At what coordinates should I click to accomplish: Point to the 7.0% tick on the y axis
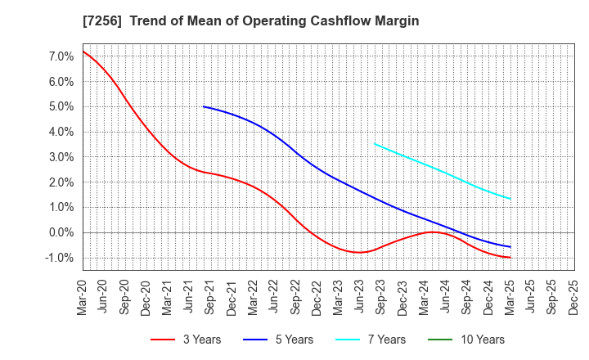pos(62,56)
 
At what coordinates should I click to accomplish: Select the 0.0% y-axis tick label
pos(62,232)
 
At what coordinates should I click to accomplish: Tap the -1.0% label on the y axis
pos(61,258)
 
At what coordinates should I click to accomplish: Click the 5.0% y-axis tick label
pos(62,106)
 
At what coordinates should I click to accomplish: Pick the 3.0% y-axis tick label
pos(62,157)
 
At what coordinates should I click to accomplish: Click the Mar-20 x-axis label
pos(83,297)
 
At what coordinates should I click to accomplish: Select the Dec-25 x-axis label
pos(573,297)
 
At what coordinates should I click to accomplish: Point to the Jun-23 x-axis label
pos(361,297)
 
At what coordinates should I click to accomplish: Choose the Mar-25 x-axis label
pos(510,297)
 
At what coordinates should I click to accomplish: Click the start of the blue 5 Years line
pos(204,106)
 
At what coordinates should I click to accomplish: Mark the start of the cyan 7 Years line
pos(375,144)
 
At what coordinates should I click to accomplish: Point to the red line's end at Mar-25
pos(510,258)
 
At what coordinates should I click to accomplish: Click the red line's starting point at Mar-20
pos(83,52)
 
